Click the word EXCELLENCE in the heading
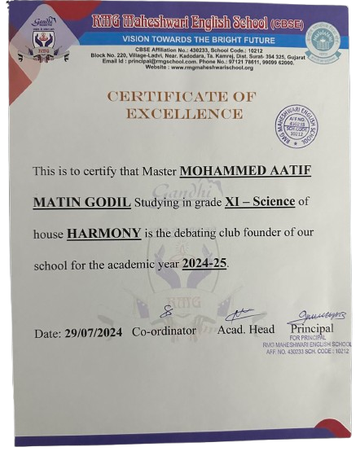coord(184,113)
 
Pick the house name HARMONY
coord(103,233)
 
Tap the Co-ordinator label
coord(164,331)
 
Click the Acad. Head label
coord(246,329)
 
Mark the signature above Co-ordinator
coord(166,312)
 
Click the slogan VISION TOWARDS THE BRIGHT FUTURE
coord(187,38)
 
